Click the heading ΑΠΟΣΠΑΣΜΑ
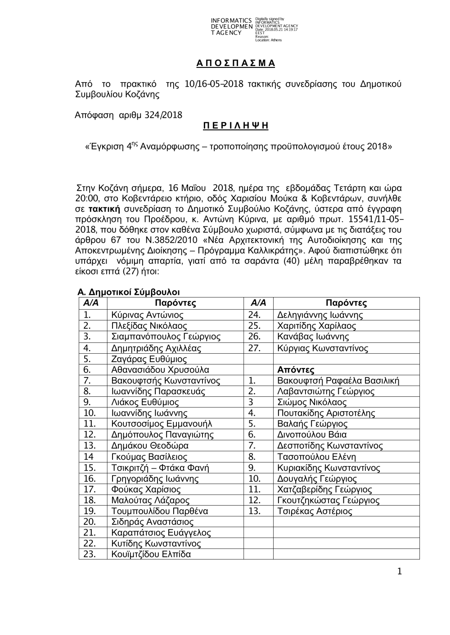(235, 63)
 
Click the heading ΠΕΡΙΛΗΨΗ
(235, 126)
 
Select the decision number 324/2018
(164, 115)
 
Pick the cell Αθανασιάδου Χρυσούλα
(160, 370)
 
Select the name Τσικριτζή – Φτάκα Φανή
(160, 468)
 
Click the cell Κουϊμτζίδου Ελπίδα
(151, 554)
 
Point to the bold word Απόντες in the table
(296, 370)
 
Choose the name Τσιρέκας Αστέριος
(315, 511)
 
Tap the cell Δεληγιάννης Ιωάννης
(320, 315)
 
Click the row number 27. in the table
(255, 348)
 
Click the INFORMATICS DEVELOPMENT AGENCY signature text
(231, 27)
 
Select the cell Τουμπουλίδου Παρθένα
(159, 511)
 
